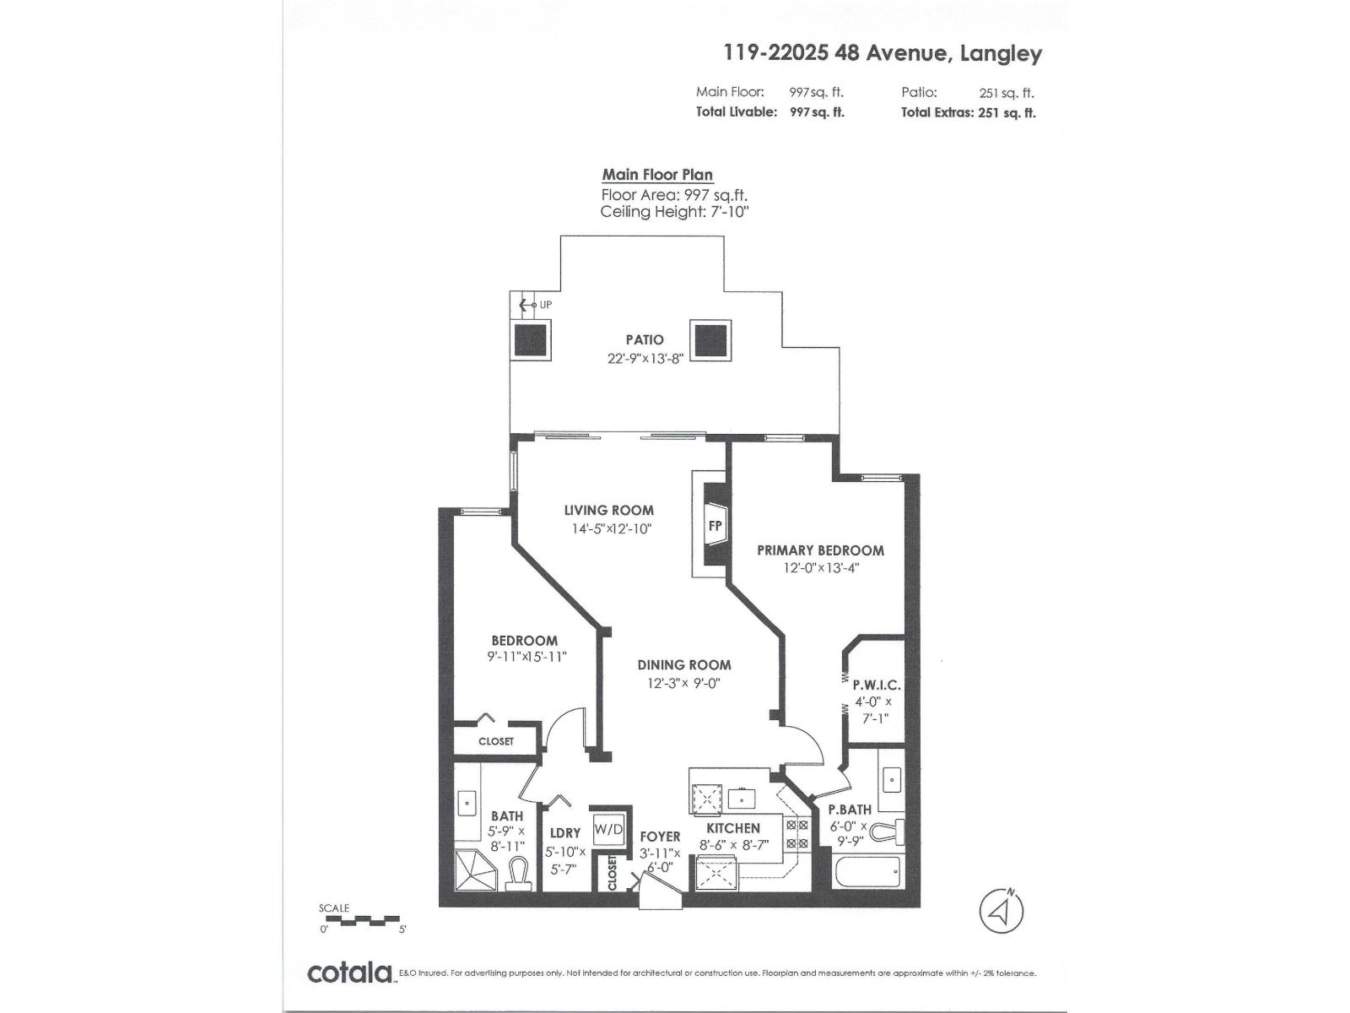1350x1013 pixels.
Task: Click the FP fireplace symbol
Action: click(x=714, y=526)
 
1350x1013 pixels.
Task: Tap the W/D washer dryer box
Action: click(x=608, y=829)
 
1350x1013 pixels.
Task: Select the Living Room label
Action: click(x=608, y=510)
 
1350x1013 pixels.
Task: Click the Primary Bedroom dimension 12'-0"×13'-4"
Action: click(x=821, y=568)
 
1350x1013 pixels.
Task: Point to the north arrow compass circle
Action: click(x=1002, y=911)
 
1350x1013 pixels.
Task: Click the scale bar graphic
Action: click(x=363, y=918)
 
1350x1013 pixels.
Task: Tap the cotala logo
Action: click(x=349, y=972)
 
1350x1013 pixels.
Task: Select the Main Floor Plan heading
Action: click(x=657, y=175)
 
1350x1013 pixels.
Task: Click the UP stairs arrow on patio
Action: click(x=531, y=304)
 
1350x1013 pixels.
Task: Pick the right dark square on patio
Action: click(x=710, y=339)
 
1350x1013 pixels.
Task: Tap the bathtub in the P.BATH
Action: click(x=867, y=870)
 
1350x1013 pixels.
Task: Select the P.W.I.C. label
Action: click(x=877, y=685)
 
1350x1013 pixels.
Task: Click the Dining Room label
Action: click(x=683, y=665)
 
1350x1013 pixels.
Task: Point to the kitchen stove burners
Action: click(x=796, y=833)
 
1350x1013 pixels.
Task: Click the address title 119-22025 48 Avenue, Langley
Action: click(x=883, y=53)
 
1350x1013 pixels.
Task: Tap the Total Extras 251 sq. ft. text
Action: click(x=968, y=112)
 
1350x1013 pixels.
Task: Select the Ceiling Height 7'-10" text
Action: click(x=674, y=212)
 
